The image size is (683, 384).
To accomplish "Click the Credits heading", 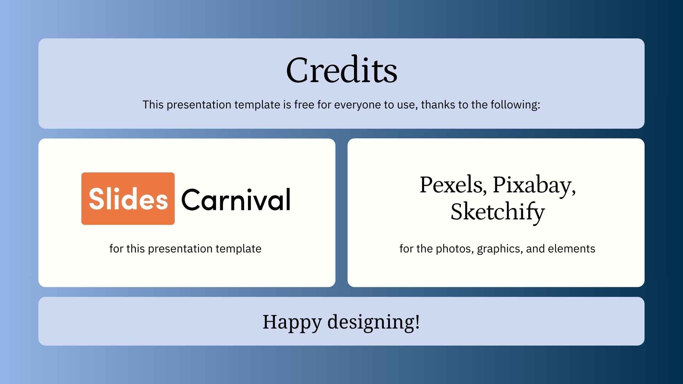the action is [x=341, y=70].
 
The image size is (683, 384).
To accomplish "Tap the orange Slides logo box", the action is [x=128, y=199].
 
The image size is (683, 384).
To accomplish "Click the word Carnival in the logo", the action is [x=236, y=199].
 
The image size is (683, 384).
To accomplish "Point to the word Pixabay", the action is [x=534, y=186].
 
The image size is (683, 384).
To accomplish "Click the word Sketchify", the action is [x=498, y=212].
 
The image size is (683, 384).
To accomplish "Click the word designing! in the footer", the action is [x=374, y=322].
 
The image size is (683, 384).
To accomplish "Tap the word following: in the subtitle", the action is [x=515, y=105].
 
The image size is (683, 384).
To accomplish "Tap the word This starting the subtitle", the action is [x=153, y=105].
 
